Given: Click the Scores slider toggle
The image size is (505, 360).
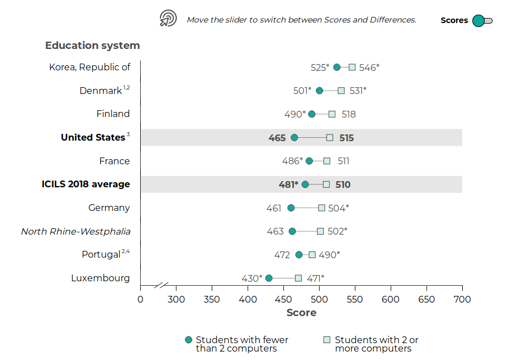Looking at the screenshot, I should point(482,21).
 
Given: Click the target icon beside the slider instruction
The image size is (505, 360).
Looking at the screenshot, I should point(168,19).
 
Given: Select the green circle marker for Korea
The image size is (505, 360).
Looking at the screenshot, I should point(337,67).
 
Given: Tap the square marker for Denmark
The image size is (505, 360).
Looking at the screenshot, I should point(341,91).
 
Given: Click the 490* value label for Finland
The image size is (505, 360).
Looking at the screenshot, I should point(295,114).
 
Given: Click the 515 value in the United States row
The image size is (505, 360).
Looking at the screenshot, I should point(346,138).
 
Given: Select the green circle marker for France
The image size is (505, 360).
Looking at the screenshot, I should point(309,161).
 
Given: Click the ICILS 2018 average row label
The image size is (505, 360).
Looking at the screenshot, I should point(86,184).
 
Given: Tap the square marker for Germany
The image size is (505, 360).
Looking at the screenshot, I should point(321,208).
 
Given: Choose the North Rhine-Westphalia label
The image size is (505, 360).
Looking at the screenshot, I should point(75,231).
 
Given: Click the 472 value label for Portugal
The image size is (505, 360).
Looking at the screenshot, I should point(282,255).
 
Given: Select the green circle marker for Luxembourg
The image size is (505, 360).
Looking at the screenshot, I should point(269,278).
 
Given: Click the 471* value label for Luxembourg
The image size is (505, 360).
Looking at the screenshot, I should point(315,278).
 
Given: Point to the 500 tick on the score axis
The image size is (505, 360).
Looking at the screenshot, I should point(319,299).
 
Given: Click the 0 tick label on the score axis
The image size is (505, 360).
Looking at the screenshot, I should point(140,299).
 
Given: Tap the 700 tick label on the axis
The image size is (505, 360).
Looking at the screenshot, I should point(462,299).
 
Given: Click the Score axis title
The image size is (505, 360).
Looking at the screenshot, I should point(301,313).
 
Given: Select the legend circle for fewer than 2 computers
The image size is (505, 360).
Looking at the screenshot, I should point(189,340).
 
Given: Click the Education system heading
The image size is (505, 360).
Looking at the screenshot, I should point(92,46).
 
